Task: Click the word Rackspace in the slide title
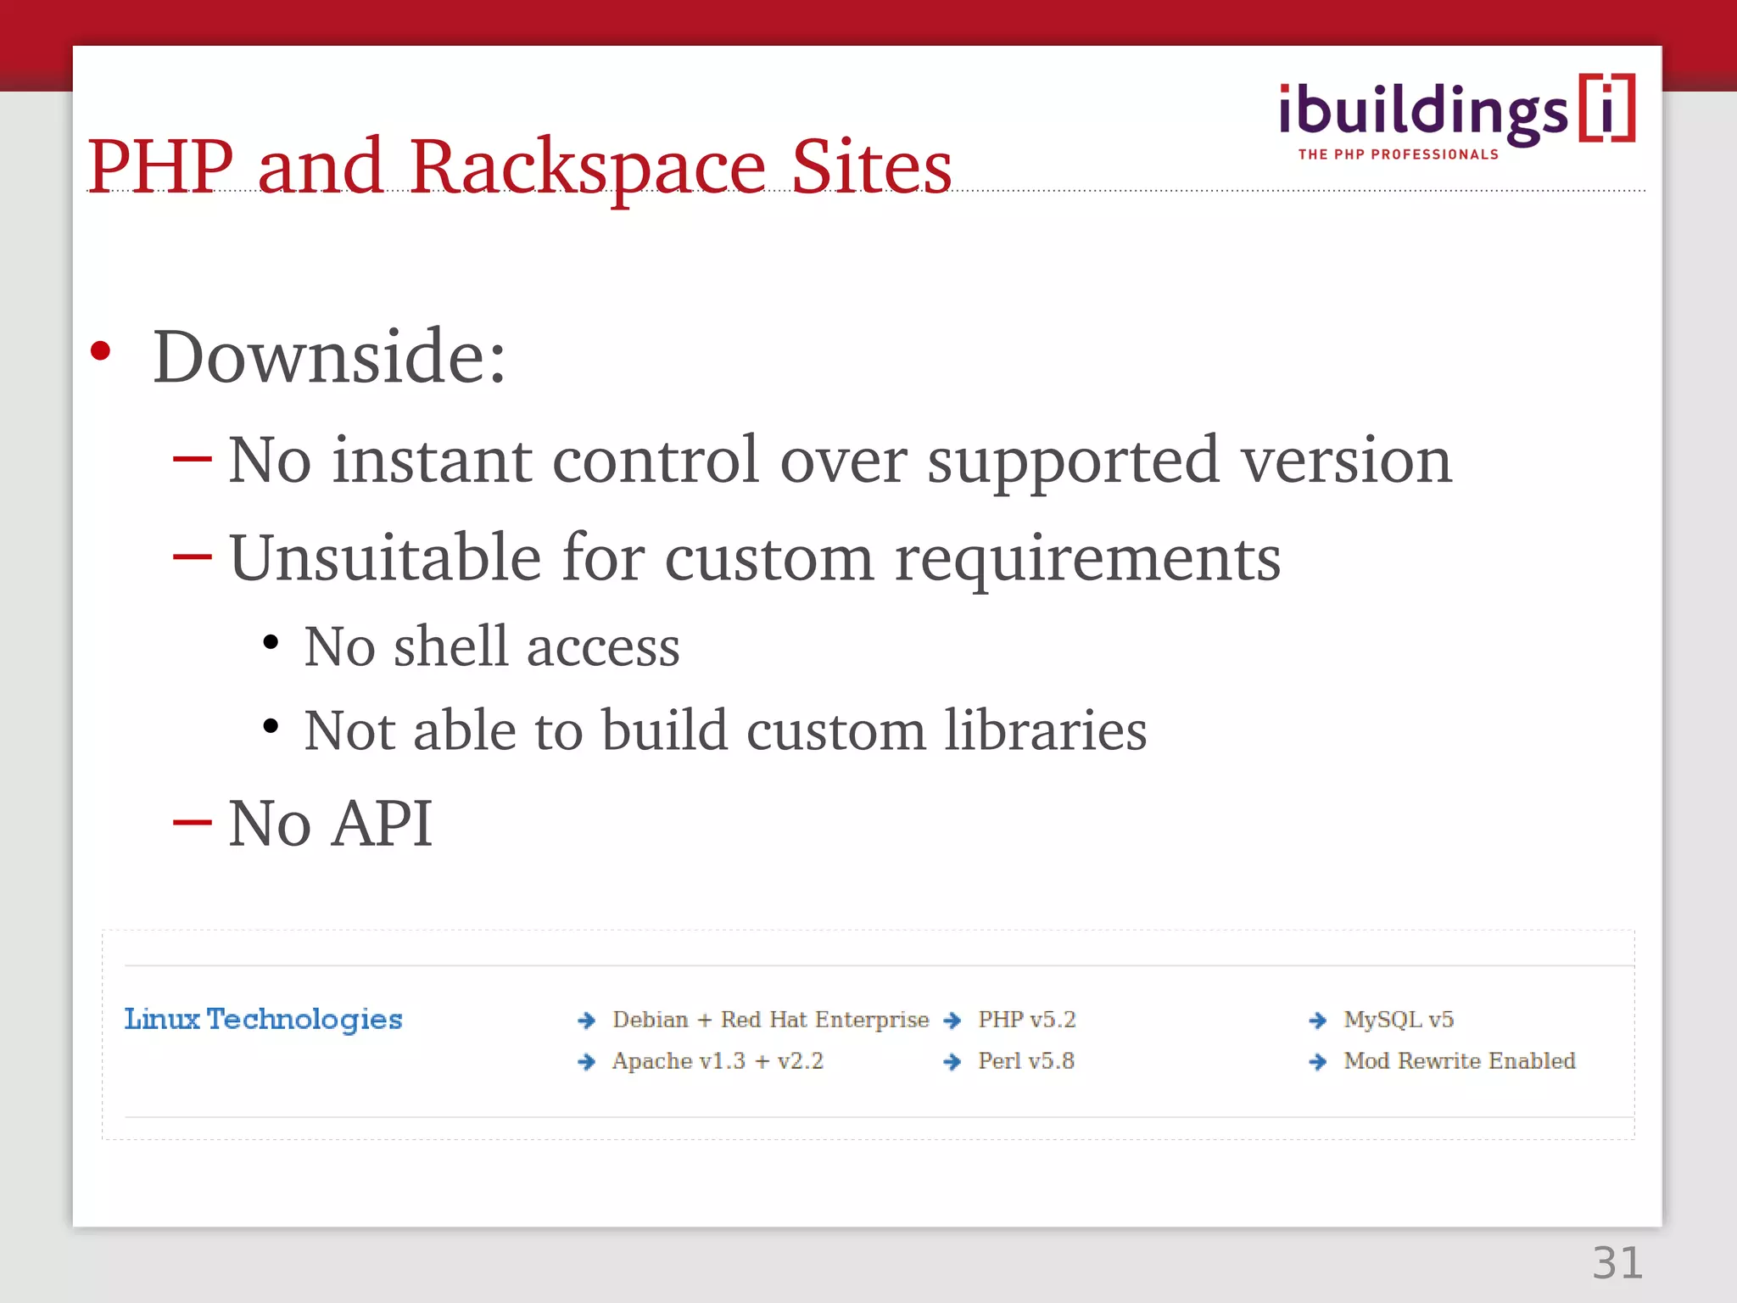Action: (x=587, y=167)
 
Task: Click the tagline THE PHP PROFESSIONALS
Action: (x=1398, y=154)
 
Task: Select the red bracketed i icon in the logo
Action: (x=1606, y=109)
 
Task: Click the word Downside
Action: (x=329, y=357)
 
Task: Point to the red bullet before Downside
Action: (x=100, y=351)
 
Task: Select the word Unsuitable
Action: (x=385, y=558)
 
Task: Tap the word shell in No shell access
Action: (x=450, y=646)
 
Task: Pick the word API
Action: (x=382, y=824)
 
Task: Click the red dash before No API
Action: (x=192, y=822)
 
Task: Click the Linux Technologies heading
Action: (x=263, y=1019)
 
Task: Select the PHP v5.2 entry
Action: (x=1026, y=1020)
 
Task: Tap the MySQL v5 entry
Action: (x=1398, y=1020)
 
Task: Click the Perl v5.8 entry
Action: (x=1025, y=1061)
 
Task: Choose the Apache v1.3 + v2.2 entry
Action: (x=718, y=1061)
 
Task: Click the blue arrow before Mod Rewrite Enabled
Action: (x=1317, y=1062)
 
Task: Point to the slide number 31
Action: (x=1617, y=1263)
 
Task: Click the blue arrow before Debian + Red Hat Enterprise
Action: (x=586, y=1021)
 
